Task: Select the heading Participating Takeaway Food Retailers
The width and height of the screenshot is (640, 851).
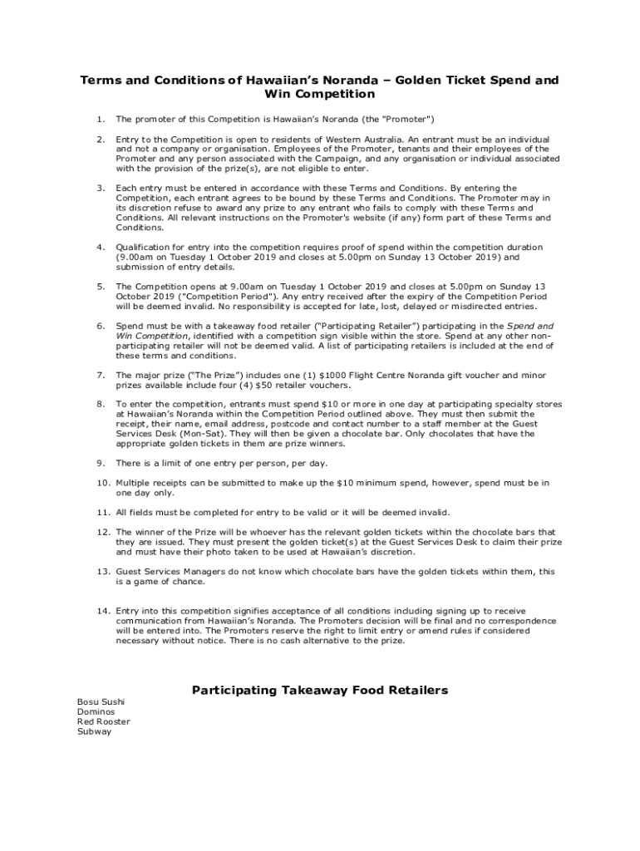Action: [x=320, y=690]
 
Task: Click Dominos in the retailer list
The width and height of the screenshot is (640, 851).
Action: [x=96, y=712]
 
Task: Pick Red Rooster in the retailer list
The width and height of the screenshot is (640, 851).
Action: [x=104, y=722]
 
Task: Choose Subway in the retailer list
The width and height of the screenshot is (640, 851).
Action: [x=94, y=732]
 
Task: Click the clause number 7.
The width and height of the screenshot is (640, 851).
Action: [x=100, y=375]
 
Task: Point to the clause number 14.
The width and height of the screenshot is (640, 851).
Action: [x=103, y=611]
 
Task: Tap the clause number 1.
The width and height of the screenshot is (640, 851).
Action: [x=100, y=119]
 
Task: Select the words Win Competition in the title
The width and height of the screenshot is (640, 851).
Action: [x=319, y=94]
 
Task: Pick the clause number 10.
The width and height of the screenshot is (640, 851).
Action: [x=103, y=483]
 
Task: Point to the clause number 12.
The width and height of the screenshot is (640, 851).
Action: [x=103, y=532]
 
